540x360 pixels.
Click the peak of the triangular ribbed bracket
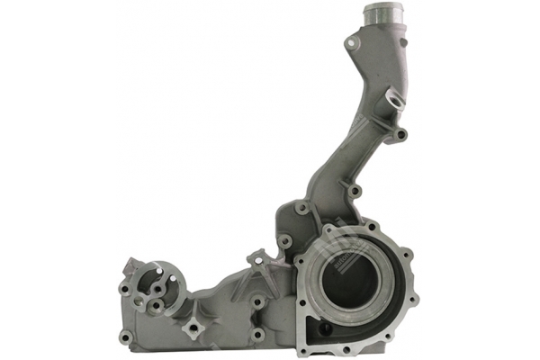click(x=255, y=256)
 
